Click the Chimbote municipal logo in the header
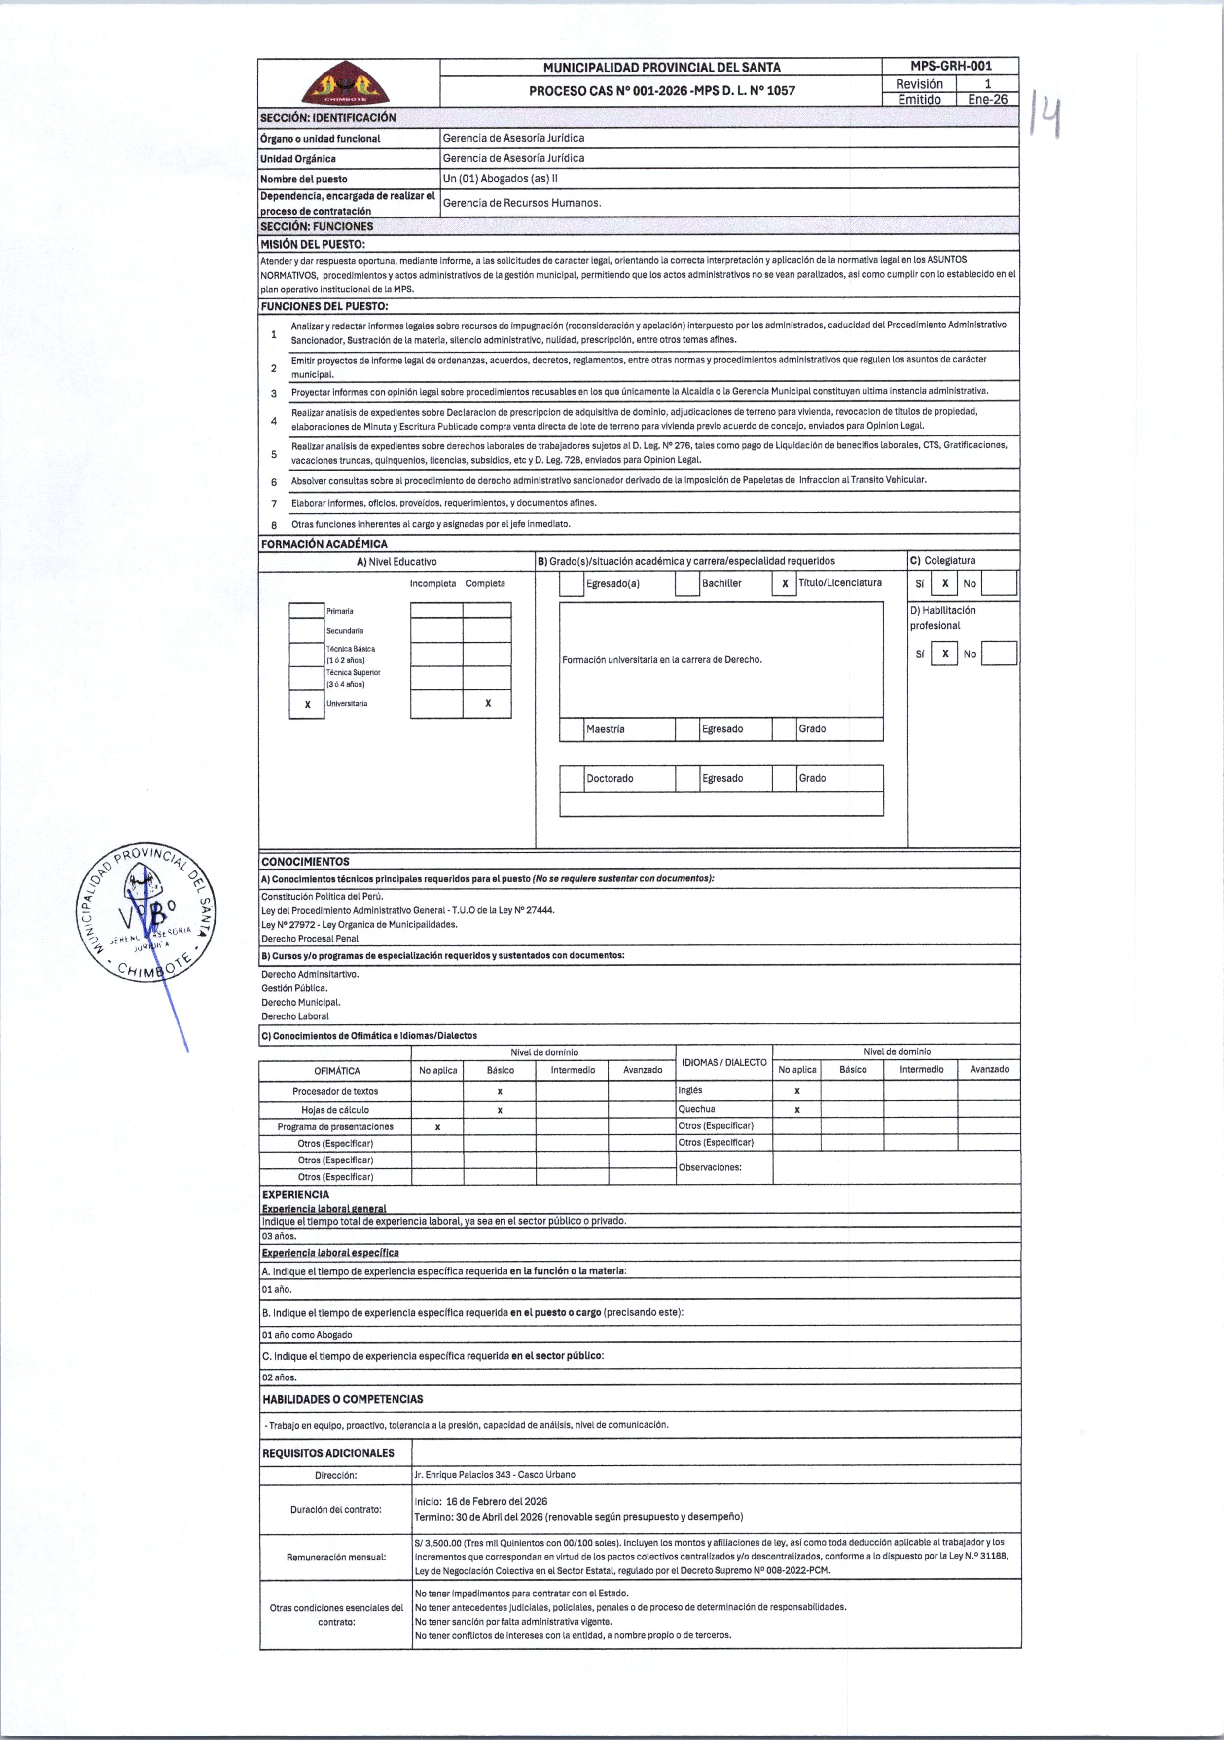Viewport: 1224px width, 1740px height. pos(346,83)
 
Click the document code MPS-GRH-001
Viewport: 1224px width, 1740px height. pos(950,66)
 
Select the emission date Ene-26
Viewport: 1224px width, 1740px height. pos(988,99)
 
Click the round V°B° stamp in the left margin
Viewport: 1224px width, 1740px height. pos(146,912)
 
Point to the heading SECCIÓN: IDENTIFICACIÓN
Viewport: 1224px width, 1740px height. pos(328,117)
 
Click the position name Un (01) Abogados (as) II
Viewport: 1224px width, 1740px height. pos(500,179)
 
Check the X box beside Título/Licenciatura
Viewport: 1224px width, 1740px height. pos(785,583)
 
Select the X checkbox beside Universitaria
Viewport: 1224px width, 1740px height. pos(307,704)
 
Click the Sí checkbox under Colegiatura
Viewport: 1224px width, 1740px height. pos(944,583)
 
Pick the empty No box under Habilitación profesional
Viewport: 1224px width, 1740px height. pos(999,653)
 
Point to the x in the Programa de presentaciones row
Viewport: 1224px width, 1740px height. pos(437,1127)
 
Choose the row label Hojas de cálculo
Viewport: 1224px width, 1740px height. pos(335,1110)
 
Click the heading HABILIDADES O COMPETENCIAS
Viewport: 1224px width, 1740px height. pos(343,1399)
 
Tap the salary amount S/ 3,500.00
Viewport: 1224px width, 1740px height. pos(438,1542)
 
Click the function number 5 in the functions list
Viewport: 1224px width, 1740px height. pos(274,454)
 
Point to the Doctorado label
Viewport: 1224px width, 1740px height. pos(610,778)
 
